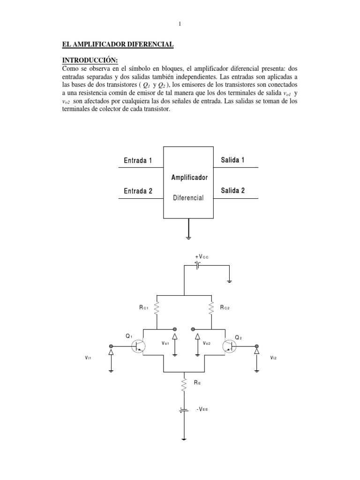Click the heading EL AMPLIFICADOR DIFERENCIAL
point(118,44)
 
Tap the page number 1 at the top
point(180,24)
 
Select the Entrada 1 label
point(138,161)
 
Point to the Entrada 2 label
point(138,191)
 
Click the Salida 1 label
point(232,160)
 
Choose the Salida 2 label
point(232,190)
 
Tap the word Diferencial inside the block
point(188,198)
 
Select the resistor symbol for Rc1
point(156,308)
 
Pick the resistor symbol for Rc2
point(212,308)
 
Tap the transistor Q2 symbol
point(230,346)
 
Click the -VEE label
point(202,409)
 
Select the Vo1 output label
point(165,344)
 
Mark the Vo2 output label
point(207,344)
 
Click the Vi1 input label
point(88,358)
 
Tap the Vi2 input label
point(274,358)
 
